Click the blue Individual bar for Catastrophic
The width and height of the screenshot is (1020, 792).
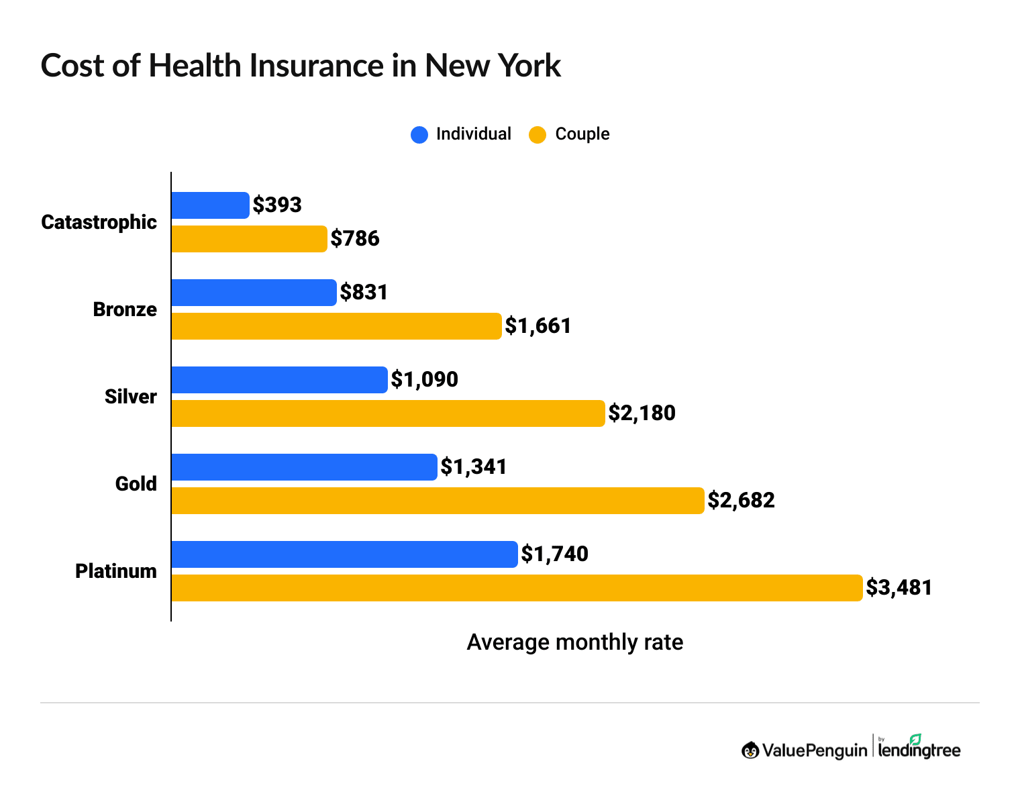tap(210, 205)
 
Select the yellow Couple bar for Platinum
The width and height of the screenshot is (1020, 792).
tap(517, 588)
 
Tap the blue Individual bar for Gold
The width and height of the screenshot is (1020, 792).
tap(304, 467)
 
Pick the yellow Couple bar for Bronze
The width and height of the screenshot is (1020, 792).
tap(336, 326)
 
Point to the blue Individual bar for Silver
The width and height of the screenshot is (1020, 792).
tap(279, 380)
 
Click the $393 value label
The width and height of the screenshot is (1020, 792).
tap(277, 205)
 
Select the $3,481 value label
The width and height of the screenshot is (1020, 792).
tap(899, 588)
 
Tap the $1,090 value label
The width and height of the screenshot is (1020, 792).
tap(424, 379)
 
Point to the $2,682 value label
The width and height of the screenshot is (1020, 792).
tap(741, 500)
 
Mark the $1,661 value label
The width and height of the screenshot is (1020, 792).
tap(538, 326)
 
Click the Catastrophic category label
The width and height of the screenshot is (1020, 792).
tap(99, 222)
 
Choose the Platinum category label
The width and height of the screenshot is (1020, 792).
tap(115, 571)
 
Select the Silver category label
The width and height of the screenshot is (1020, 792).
tap(130, 397)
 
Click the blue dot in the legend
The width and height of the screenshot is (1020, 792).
tap(419, 135)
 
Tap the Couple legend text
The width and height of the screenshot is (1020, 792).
tap(582, 134)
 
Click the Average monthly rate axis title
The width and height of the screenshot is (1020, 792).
tap(574, 642)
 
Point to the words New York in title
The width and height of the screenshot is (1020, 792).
tap(493, 66)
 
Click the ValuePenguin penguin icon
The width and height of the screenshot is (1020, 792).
tap(750, 750)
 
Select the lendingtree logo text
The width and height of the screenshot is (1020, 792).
tap(919, 750)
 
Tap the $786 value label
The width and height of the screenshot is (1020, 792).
tap(355, 238)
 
